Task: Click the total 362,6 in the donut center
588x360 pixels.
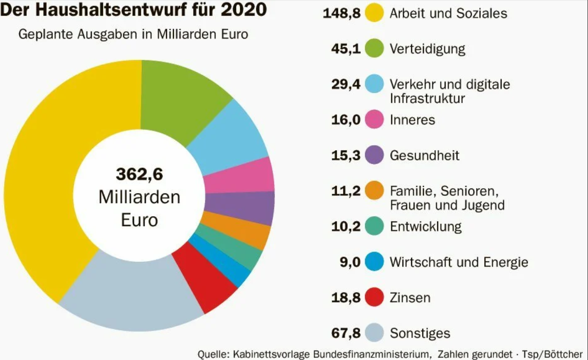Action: point(139,174)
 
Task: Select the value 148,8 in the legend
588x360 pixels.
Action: point(341,13)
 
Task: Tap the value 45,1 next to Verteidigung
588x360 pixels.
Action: point(346,49)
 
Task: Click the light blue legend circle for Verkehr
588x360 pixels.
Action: point(374,84)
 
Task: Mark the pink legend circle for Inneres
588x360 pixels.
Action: point(374,120)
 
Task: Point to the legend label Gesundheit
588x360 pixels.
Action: point(424,155)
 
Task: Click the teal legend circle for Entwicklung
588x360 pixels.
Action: point(374,226)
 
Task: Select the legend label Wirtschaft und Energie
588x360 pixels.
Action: point(459,262)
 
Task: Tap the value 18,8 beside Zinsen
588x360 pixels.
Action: point(346,297)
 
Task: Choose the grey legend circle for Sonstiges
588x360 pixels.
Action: point(374,333)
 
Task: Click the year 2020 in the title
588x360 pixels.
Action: point(244,9)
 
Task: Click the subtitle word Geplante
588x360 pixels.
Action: point(45,34)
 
